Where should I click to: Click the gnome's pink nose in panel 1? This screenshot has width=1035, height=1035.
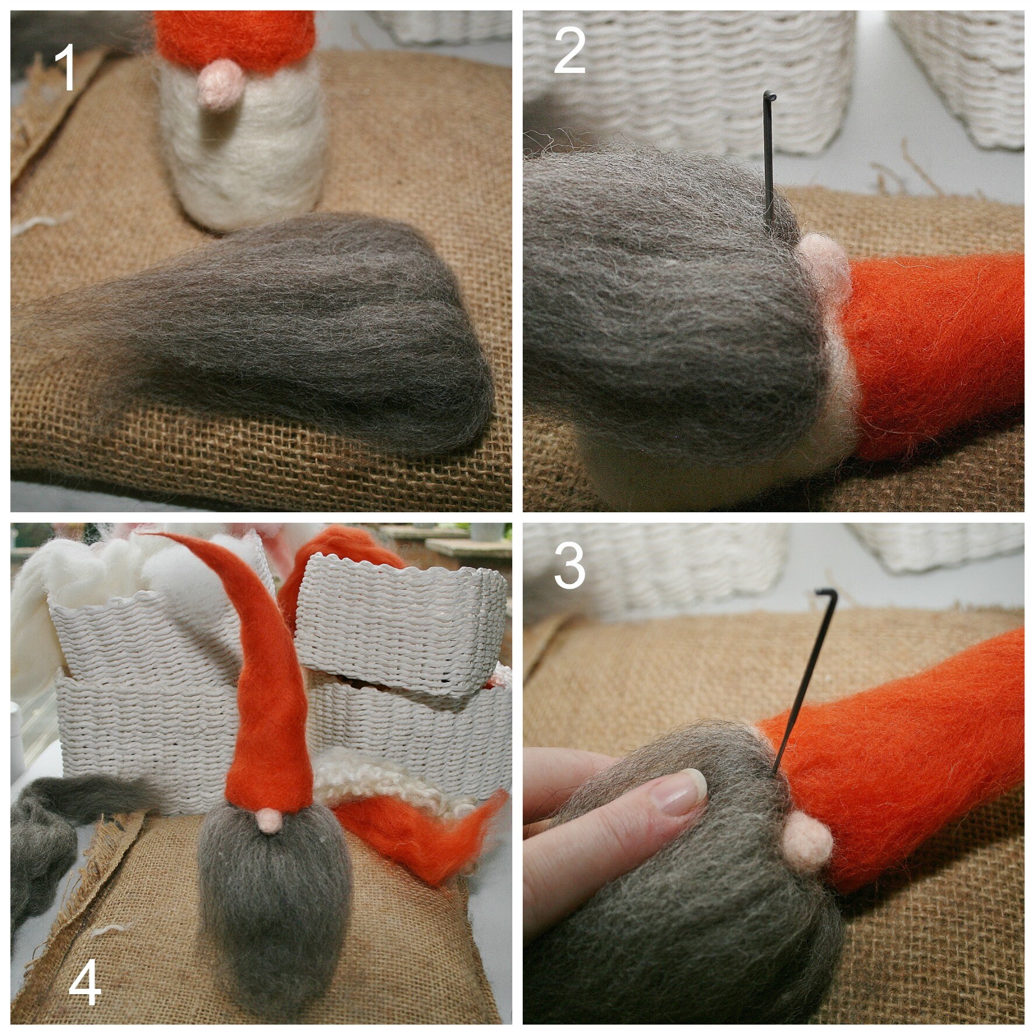coord(216,85)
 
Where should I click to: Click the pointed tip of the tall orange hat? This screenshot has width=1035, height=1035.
coord(149,534)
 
